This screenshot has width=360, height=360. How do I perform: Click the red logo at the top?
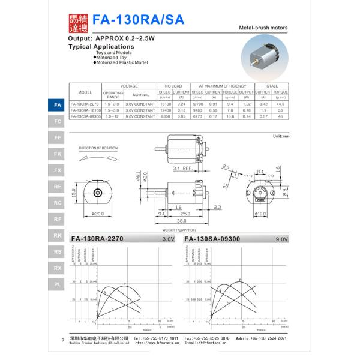[76, 22]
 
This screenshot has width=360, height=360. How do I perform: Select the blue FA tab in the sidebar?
[57, 105]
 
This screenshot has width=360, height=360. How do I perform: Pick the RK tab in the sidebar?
[57, 236]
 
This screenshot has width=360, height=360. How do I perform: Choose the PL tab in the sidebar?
[57, 284]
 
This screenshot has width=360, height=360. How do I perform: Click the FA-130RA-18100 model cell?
[85, 110]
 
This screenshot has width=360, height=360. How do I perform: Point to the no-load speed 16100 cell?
[164, 104]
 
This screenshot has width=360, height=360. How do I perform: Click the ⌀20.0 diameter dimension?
[99, 214]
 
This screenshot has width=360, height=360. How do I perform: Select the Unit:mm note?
[280, 137]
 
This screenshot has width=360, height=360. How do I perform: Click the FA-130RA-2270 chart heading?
[97, 239]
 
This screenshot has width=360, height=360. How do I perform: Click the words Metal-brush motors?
[263, 28]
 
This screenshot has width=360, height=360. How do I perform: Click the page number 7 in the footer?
[63, 340]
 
